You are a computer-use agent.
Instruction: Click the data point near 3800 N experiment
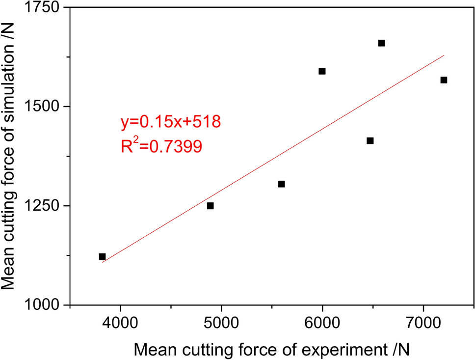[x=102, y=256]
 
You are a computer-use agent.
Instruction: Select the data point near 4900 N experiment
[x=210, y=206]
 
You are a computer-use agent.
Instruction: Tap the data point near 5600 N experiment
[x=281, y=184]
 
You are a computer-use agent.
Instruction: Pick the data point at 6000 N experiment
[x=322, y=71]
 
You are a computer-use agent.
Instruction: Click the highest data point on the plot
[x=381, y=43]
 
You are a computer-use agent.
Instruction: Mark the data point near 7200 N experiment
[x=444, y=80]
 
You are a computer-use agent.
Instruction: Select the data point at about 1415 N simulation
[x=370, y=141]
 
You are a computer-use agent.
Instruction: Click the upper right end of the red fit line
[x=444, y=55]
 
